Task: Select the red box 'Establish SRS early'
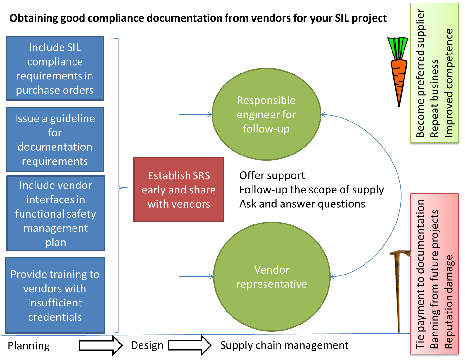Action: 179,189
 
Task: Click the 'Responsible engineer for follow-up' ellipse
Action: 266,114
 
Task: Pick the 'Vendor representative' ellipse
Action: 272,277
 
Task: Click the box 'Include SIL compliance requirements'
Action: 55,68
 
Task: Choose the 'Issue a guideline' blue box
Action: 55,139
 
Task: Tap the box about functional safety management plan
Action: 55,213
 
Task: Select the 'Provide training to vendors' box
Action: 55,295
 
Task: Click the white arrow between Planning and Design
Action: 101,345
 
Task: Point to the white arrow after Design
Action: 189,345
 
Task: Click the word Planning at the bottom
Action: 29,345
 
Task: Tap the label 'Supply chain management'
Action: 284,345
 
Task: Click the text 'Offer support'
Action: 272,175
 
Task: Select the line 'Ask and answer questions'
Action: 302,204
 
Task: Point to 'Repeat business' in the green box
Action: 435,98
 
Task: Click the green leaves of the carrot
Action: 398,47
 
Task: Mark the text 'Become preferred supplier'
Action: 420,73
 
